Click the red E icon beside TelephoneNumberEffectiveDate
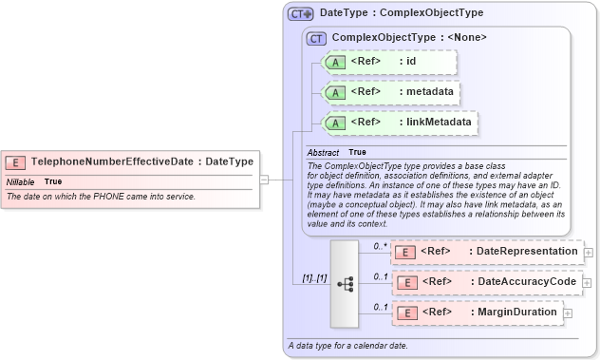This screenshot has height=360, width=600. (17, 162)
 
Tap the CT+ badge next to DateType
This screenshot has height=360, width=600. (301, 14)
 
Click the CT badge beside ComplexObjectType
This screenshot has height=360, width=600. (317, 38)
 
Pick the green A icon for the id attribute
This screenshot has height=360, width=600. (336, 63)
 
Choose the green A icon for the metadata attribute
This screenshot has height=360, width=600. (336, 92)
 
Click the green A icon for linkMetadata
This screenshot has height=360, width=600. (336, 123)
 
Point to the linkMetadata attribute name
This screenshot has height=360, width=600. (435, 123)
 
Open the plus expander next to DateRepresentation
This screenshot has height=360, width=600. (589, 253)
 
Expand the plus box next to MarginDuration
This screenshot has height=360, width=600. (568, 313)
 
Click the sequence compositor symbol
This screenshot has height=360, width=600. (346, 282)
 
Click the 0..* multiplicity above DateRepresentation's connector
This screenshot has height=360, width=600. (380, 246)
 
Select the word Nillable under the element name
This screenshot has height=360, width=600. (21, 181)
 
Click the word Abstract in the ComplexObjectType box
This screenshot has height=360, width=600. (323, 152)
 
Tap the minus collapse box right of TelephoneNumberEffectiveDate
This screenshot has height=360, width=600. (264, 178)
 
